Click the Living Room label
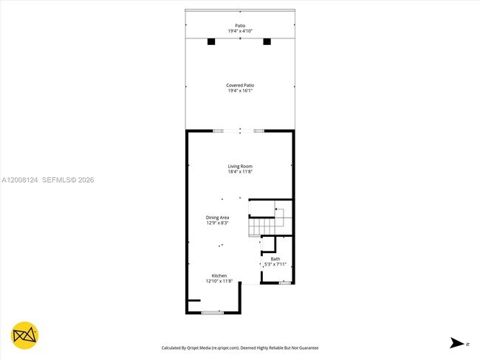click(240, 166)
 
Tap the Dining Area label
click(217, 217)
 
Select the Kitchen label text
click(219, 275)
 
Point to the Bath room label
click(275, 259)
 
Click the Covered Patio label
click(240, 86)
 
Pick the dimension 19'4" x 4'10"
click(240, 31)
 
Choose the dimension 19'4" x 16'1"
click(240, 91)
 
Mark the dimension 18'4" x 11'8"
click(240, 172)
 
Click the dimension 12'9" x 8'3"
click(217, 223)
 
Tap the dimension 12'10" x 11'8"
click(219, 281)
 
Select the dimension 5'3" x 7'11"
click(275, 265)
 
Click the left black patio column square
click(211, 41)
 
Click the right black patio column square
click(267, 41)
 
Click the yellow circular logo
click(25, 336)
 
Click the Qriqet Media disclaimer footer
click(240, 347)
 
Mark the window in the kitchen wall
click(212, 313)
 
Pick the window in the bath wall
click(284, 283)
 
